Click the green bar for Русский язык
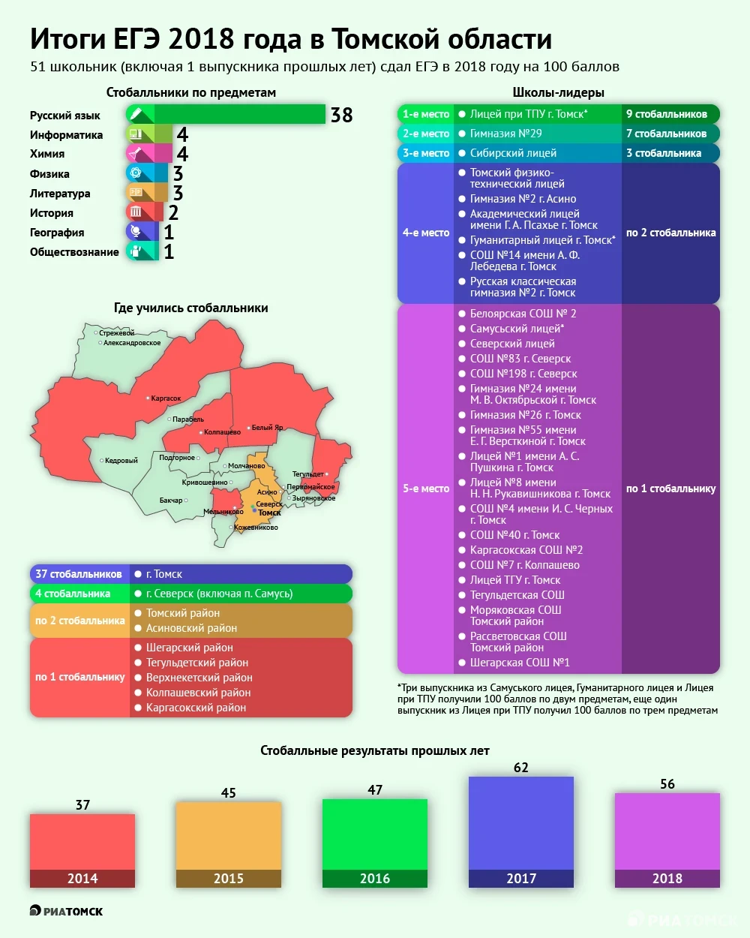click(240, 114)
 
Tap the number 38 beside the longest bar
click(341, 115)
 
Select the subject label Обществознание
click(74, 252)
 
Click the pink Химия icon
click(135, 154)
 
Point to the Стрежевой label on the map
click(116, 333)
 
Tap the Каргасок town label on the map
click(166, 398)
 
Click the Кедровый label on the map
click(121, 461)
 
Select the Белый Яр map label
click(267, 428)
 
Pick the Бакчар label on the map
click(171, 501)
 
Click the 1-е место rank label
click(426, 114)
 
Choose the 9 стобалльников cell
click(667, 114)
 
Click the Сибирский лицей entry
click(513, 153)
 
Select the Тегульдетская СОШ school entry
click(517, 595)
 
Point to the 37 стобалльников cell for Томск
click(79, 574)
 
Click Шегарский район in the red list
click(189, 648)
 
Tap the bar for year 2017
click(521, 823)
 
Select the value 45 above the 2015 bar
click(229, 793)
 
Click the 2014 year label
click(82, 879)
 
